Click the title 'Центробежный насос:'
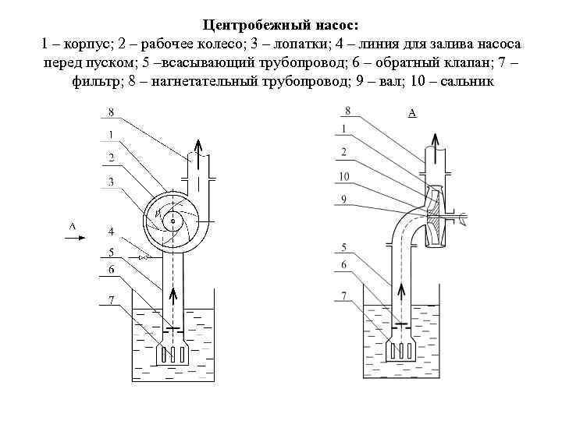pos(281,25)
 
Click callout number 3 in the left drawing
pos(111,182)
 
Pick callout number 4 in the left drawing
pos(111,232)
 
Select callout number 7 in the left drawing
pos(111,299)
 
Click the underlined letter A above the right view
pos(411,114)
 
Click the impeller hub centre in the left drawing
pos(172,221)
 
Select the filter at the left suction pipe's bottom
pos(173,353)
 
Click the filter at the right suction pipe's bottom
pos(403,352)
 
